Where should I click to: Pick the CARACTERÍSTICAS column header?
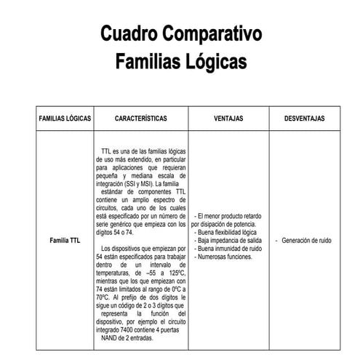click(141, 118)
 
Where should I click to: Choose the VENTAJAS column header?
click(228, 118)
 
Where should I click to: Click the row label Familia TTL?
click(65, 241)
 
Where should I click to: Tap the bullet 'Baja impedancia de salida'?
click(230, 241)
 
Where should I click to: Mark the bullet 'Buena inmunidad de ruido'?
click(230, 249)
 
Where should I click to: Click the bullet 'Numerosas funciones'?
click(225, 257)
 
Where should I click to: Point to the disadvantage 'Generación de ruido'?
click(306, 241)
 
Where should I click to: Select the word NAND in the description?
click(113, 338)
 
